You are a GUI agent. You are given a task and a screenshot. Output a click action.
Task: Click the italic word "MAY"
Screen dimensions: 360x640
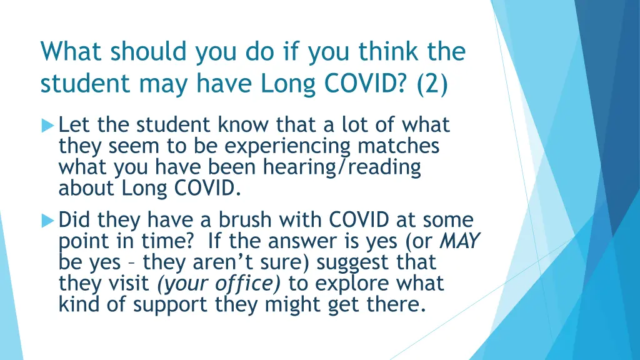pos(459,241)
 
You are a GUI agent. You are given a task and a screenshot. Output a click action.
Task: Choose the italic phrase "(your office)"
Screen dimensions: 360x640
pos(219,283)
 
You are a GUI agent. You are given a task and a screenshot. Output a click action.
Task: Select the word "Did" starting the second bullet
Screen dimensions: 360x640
pos(73,219)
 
